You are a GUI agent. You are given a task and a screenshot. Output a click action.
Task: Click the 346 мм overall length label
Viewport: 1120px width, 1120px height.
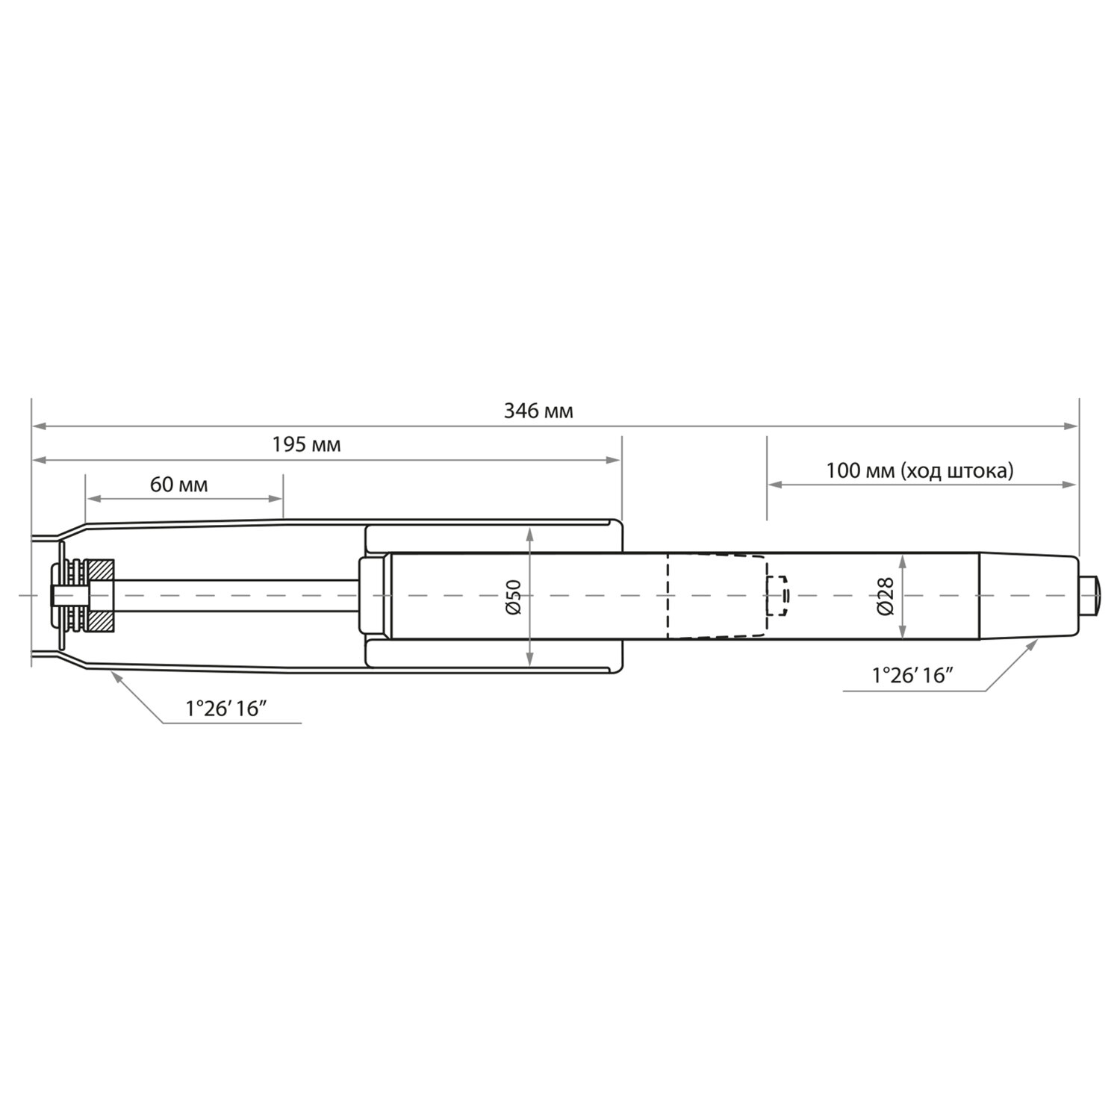tap(538, 411)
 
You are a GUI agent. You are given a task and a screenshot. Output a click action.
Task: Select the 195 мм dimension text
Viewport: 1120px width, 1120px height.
tap(306, 445)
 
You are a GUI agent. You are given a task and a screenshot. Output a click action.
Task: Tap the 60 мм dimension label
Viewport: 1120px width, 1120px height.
tap(179, 485)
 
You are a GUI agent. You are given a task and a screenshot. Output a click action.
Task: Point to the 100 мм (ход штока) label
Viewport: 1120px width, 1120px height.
tap(920, 471)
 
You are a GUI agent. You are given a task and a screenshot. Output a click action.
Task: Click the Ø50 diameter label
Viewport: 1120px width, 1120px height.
tap(513, 597)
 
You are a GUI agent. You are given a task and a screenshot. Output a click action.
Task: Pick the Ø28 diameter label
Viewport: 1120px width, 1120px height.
tap(886, 597)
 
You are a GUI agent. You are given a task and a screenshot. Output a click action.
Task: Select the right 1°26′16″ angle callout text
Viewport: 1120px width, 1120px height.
tap(913, 676)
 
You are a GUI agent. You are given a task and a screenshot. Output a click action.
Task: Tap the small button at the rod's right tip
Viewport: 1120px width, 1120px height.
tap(1089, 596)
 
